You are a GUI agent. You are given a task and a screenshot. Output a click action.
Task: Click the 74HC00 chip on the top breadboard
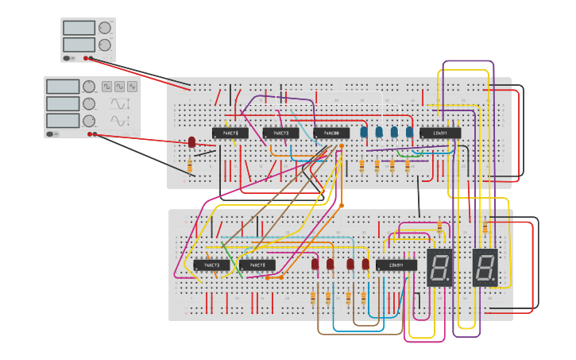(331, 133)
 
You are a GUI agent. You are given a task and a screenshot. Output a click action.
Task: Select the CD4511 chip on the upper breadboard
(439, 133)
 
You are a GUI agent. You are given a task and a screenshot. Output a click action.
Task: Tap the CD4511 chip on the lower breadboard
(396, 265)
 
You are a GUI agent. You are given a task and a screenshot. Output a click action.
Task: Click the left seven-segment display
(439, 267)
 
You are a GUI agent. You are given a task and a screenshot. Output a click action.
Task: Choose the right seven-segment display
(485, 267)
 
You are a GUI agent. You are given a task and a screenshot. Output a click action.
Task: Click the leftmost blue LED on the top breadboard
(364, 132)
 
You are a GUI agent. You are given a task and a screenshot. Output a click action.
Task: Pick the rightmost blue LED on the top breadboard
(410, 132)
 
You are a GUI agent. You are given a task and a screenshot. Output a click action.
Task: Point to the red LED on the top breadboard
(191, 142)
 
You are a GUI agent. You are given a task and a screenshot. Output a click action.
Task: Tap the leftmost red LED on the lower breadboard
(315, 264)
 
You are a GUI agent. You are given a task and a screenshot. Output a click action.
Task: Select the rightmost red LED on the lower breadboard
(365, 264)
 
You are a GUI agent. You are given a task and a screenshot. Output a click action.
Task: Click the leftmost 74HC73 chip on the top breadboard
(230, 133)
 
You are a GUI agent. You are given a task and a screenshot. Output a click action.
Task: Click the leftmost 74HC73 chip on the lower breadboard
(211, 265)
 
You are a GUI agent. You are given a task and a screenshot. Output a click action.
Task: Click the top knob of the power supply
(105, 28)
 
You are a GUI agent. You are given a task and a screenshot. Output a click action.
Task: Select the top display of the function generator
(63, 87)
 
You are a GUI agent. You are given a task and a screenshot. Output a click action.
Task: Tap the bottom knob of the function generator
(89, 121)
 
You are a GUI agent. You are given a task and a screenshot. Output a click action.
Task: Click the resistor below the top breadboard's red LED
(190, 165)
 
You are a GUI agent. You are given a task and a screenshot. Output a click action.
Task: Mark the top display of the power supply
(79, 28)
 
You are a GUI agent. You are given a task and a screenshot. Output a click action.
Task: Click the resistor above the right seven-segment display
(485, 227)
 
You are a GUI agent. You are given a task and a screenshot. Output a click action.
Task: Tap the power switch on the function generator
(52, 134)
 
